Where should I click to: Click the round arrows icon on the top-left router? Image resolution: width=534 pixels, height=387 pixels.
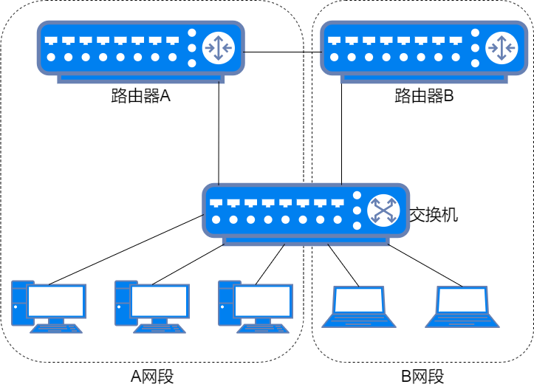click(219, 48)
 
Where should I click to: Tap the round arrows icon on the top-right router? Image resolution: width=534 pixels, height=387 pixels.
click(502, 48)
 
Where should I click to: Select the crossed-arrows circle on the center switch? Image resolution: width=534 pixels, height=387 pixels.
click(383, 210)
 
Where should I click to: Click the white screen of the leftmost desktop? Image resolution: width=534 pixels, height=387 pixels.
click(56, 301)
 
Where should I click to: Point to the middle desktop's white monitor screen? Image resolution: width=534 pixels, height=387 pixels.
click(160, 301)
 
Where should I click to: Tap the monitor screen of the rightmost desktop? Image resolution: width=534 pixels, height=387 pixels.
click(263, 301)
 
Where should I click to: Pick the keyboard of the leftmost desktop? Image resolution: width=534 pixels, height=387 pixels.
click(56, 329)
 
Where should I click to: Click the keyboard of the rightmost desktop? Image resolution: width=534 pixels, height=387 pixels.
click(263, 329)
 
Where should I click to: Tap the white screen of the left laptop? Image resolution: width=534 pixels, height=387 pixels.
click(359, 301)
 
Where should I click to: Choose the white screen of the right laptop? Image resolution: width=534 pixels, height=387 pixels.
click(462, 301)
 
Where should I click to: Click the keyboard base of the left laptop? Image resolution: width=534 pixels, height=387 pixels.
click(359, 321)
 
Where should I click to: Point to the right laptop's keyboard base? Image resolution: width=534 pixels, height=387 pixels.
click(462, 321)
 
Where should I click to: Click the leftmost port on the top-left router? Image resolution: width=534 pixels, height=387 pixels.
click(51, 41)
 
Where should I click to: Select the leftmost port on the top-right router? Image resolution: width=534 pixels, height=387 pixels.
click(335, 41)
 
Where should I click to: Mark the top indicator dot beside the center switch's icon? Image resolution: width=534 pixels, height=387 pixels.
click(357, 196)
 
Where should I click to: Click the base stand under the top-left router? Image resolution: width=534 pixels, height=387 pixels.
click(140, 78)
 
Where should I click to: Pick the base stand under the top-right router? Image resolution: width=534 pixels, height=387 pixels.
click(424, 78)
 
